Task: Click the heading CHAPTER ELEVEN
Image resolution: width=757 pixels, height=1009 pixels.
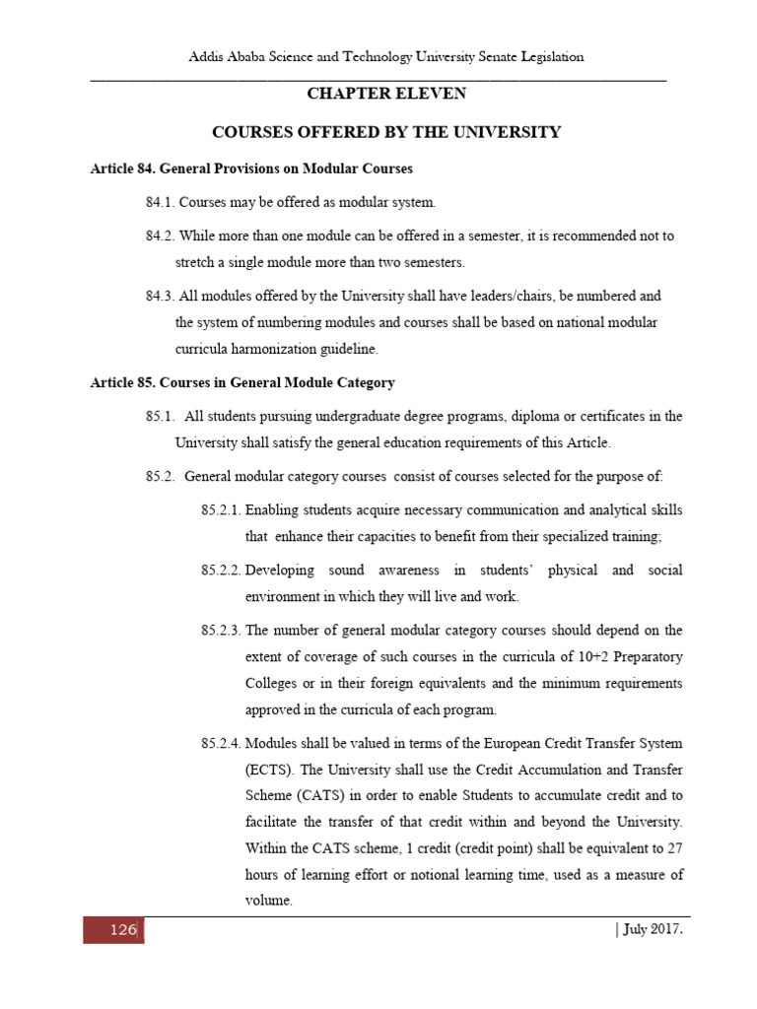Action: tap(386, 94)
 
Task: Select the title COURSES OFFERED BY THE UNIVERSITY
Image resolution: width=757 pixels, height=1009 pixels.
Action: tap(386, 131)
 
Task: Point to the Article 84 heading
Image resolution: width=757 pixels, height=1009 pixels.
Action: tap(251, 168)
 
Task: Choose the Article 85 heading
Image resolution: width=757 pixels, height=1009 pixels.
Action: tap(242, 381)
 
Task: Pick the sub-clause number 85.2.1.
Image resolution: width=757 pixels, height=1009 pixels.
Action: tap(221, 509)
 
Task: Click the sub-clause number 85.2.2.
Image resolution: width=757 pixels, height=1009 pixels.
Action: tap(221, 570)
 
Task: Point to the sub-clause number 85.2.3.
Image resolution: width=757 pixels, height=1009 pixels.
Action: tap(221, 629)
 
